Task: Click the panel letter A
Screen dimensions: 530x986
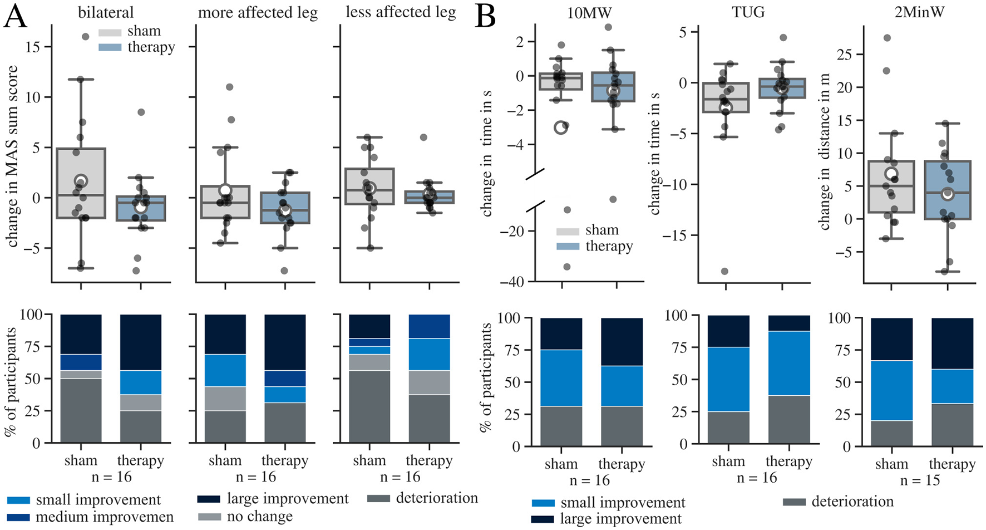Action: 15,18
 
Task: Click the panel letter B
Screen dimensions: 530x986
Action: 485,18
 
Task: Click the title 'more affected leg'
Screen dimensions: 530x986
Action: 258,13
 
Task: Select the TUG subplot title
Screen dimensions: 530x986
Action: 748,12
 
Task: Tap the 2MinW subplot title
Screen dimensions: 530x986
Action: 919,12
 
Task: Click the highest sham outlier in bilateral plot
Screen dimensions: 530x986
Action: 86,37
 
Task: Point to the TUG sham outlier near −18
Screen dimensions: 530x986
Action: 724,271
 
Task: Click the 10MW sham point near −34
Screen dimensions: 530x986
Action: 566,267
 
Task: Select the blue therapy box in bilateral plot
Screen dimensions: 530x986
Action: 141,208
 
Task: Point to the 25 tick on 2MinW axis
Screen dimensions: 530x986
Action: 845,55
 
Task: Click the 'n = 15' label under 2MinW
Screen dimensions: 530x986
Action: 920,480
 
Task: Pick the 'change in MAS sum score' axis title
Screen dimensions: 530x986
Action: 12,156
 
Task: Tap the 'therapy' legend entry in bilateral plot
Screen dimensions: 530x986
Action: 151,47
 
